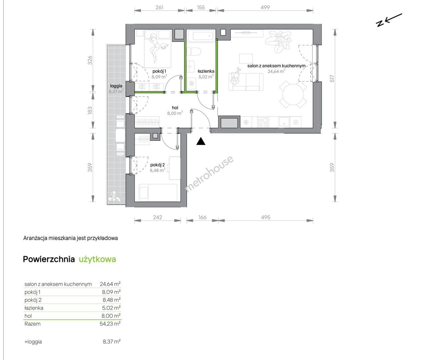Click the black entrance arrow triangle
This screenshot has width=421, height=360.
(200, 141)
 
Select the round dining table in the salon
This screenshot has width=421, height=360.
(293, 95)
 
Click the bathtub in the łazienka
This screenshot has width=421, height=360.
(201, 36)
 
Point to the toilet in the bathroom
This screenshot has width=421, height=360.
(194, 51)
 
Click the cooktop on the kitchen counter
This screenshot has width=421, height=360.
(263, 122)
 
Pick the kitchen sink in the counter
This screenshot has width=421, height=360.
(284, 122)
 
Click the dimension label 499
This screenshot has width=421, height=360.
(265, 7)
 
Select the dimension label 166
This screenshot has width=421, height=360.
(202, 217)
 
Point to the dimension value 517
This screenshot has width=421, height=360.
(332, 79)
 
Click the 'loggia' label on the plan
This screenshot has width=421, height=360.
(116, 86)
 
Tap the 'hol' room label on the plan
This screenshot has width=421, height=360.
(175, 108)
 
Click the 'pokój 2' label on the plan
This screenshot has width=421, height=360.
(157, 165)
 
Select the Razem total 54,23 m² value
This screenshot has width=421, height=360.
(110, 324)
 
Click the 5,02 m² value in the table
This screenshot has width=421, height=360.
(111, 308)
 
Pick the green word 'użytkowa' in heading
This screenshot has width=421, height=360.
(97, 259)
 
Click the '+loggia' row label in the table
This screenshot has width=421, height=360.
(33, 341)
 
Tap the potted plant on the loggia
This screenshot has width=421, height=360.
(115, 197)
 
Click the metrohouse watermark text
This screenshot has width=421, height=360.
(209, 174)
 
